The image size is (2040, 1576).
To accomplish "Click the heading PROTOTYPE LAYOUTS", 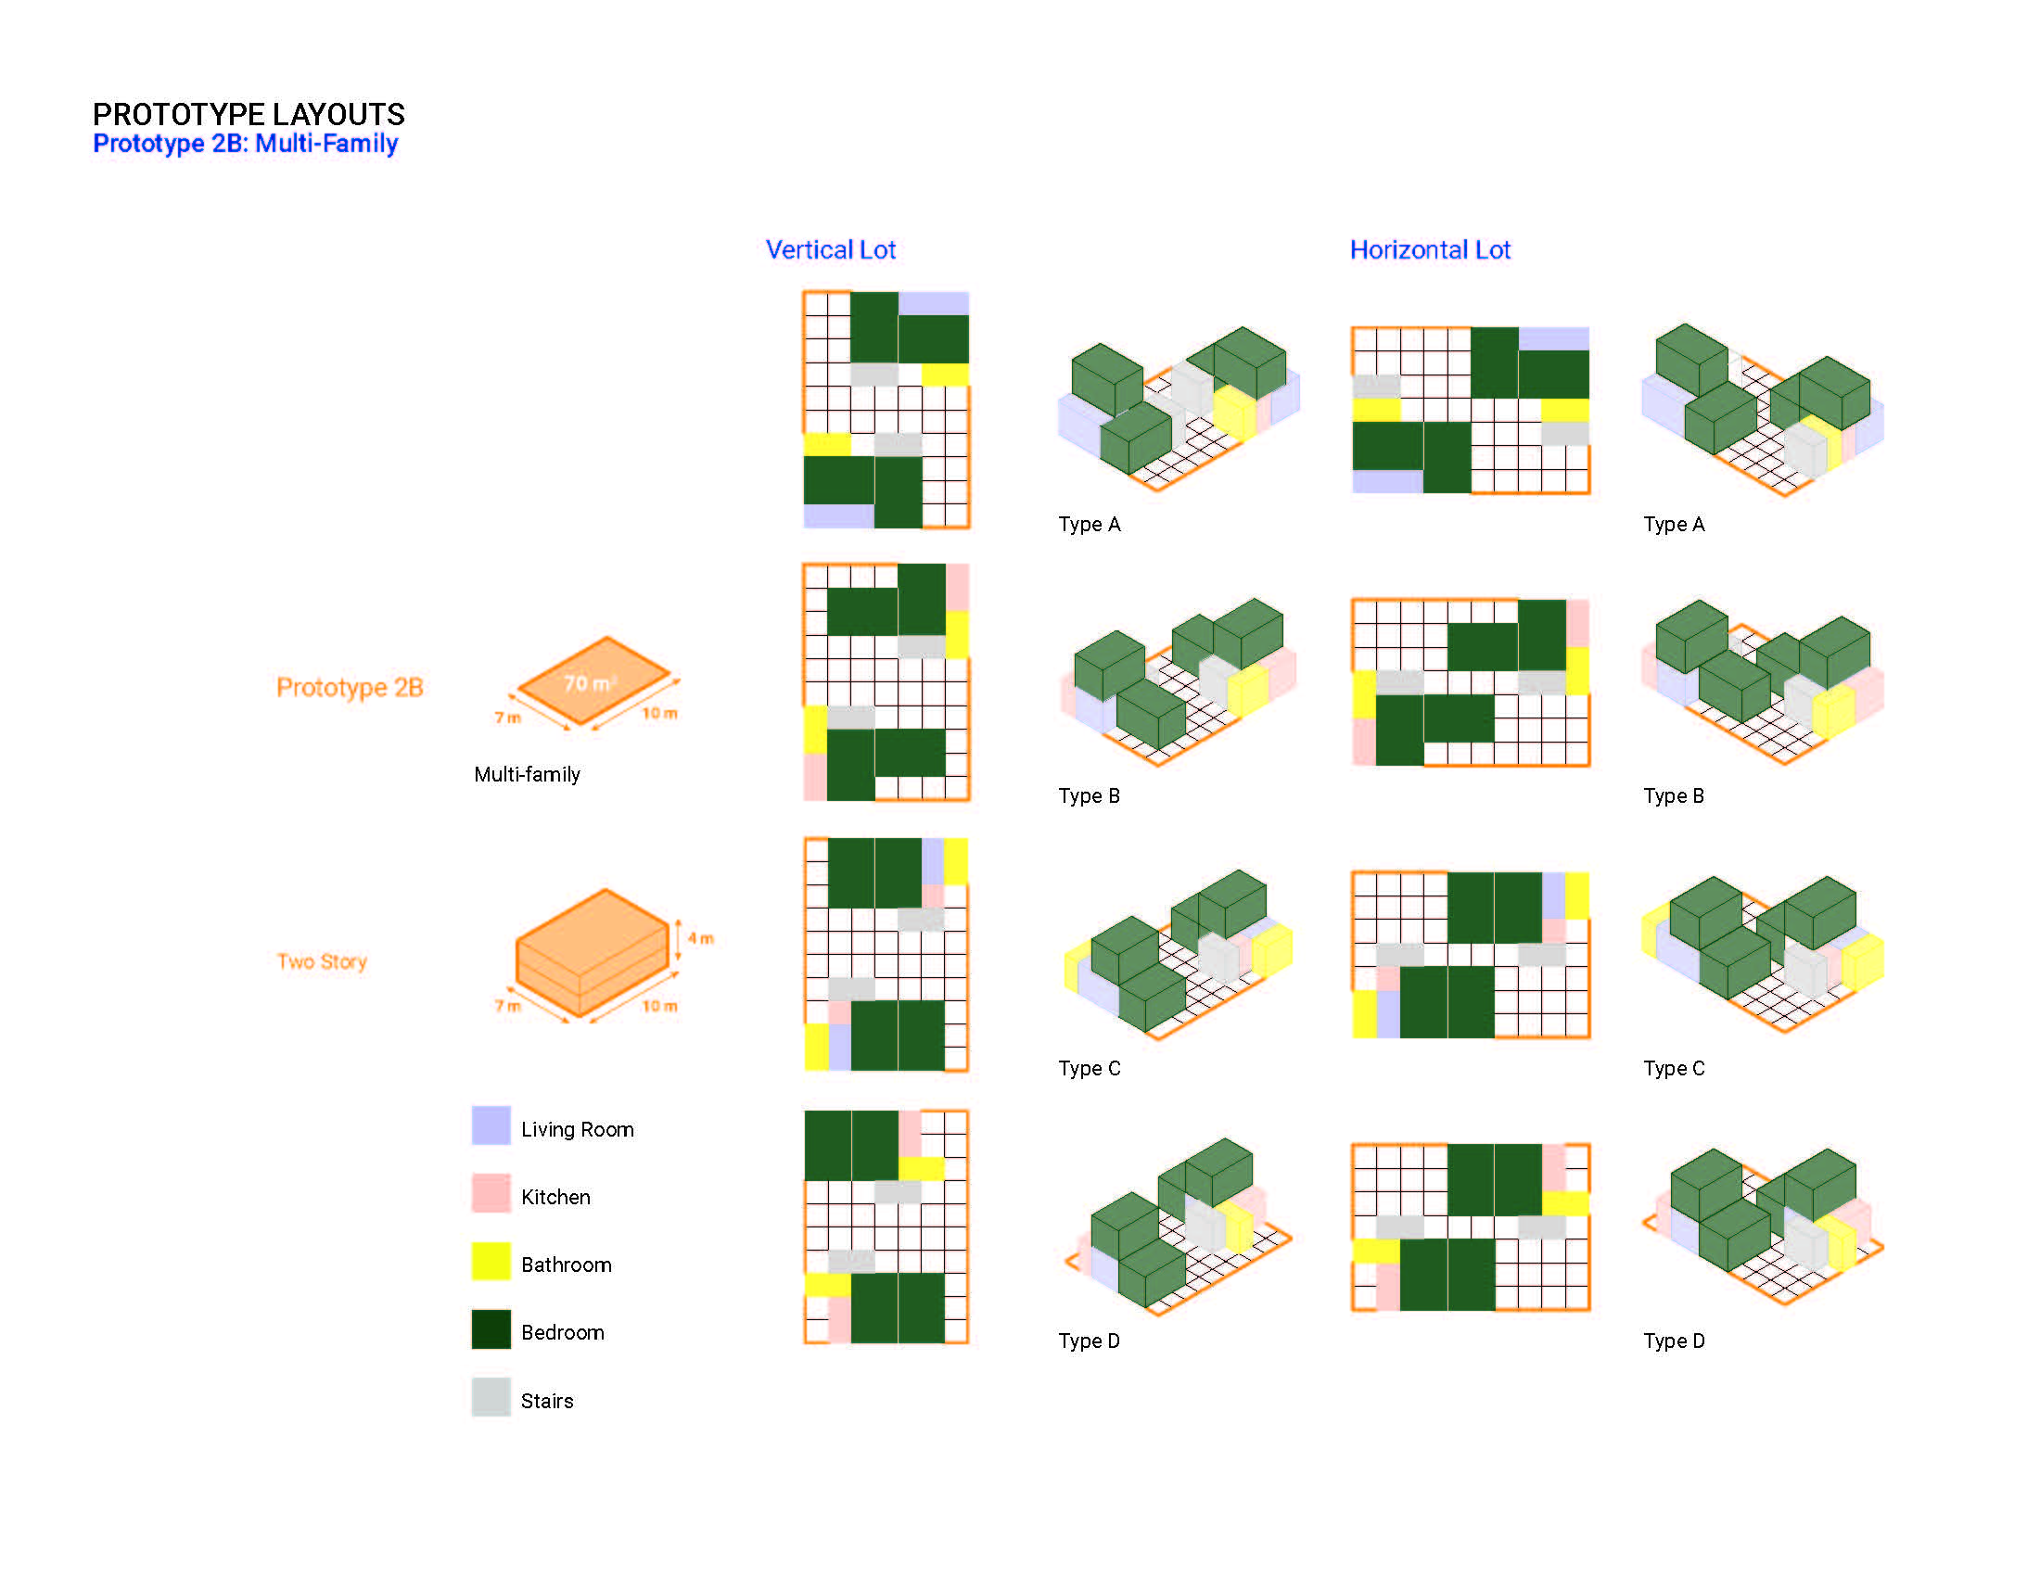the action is click(x=249, y=114).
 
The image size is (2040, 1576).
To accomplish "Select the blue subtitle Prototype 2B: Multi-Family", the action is click(x=246, y=144).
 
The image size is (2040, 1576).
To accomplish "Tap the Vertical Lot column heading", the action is click(x=831, y=249).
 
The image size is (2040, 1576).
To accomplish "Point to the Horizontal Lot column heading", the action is click(x=1430, y=249).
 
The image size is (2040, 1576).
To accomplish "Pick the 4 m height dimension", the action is click(x=700, y=938).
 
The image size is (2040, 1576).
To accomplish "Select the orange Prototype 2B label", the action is click(x=351, y=687).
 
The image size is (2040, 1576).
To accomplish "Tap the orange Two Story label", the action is click(x=323, y=961).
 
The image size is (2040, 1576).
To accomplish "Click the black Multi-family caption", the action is click(x=527, y=774).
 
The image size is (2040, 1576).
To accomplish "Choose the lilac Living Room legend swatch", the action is click(x=491, y=1125).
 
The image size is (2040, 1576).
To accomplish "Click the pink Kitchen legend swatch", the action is click(x=491, y=1193).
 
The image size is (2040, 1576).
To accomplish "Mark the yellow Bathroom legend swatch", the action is click(x=491, y=1262).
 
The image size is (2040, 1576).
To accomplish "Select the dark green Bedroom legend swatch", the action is click(x=491, y=1329).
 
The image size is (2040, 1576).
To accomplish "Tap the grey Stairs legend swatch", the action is click(x=491, y=1398).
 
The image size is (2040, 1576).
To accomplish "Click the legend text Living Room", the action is click(x=578, y=1130).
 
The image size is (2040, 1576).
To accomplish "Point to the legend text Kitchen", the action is click(x=555, y=1197).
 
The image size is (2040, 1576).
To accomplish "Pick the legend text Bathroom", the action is click(x=566, y=1265).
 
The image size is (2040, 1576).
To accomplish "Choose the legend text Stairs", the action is click(x=547, y=1401).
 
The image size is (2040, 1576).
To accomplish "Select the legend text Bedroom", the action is click(x=562, y=1332).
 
